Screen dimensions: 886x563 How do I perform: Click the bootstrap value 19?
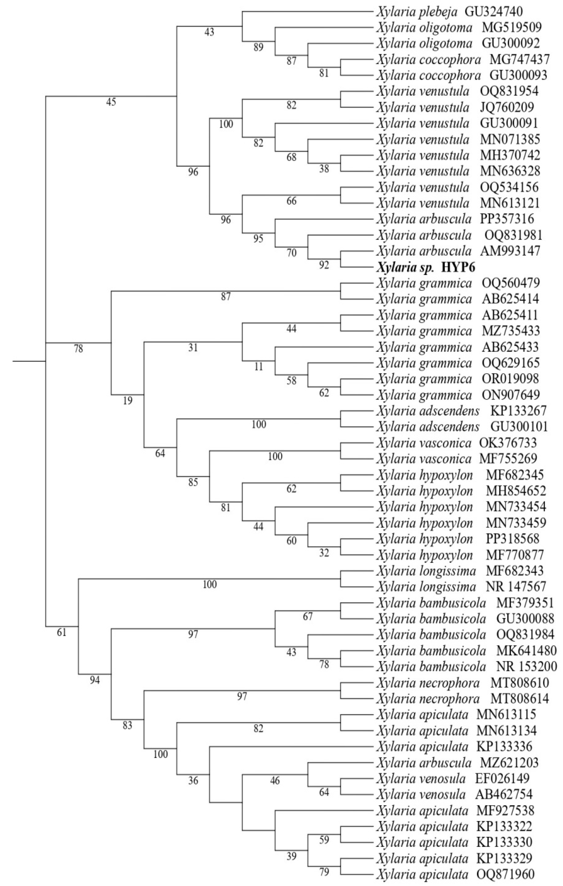pos(127,401)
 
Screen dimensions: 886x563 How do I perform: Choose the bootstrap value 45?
pos(111,102)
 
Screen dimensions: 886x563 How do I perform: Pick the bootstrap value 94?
pos(95,680)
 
